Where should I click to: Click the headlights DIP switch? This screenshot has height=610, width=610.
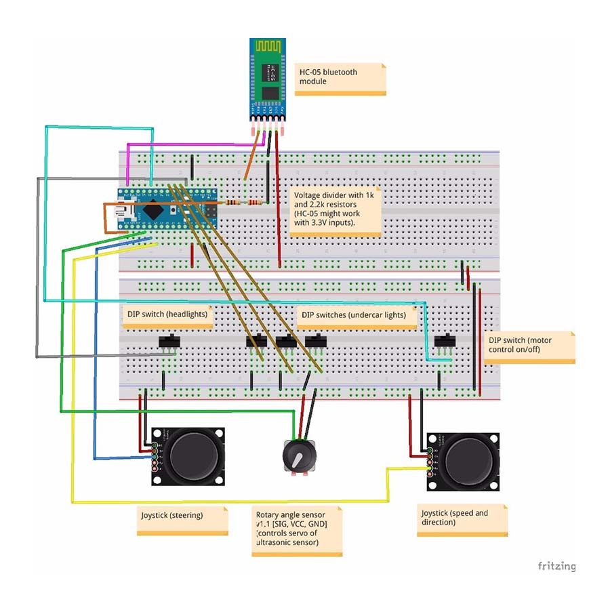point(168,342)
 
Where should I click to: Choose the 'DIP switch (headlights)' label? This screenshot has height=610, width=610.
point(167,314)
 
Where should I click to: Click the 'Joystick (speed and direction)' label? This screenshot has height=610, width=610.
point(462,520)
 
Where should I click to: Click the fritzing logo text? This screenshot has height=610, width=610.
point(556,566)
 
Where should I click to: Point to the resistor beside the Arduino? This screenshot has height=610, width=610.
point(243,202)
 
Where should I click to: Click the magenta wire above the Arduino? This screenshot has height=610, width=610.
point(197,144)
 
